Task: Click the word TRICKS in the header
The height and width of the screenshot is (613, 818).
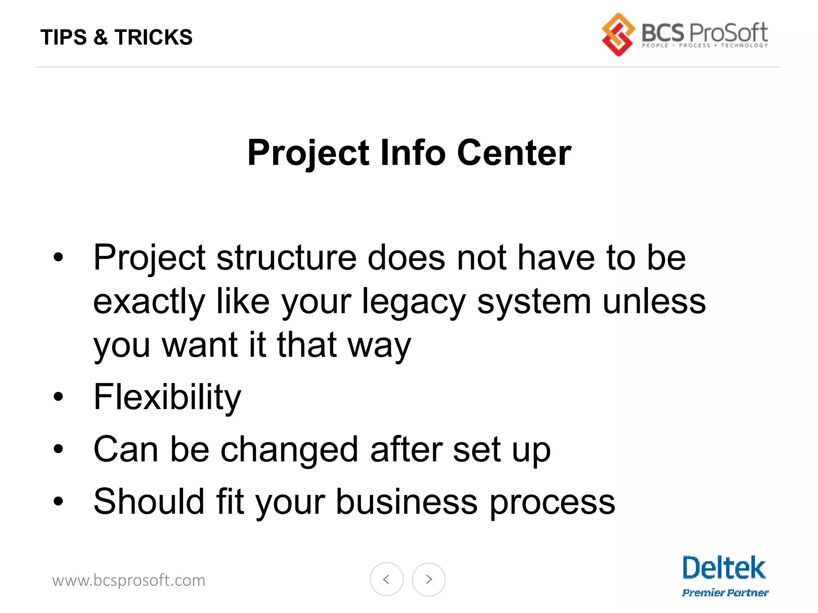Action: point(153,37)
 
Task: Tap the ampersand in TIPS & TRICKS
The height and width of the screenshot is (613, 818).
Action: point(101,37)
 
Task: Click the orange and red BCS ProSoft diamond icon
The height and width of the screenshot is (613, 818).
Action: point(618,35)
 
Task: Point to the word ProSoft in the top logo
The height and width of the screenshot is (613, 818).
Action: point(728,33)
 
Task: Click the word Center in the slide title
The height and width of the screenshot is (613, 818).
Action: point(514,153)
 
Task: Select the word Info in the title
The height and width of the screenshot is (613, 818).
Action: point(413,153)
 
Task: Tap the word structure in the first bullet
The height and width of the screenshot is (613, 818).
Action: point(286,258)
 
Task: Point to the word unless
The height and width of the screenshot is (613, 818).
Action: point(654,301)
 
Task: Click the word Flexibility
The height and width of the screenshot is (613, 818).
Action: point(167,397)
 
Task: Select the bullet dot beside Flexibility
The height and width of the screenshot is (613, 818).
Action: point(58,397)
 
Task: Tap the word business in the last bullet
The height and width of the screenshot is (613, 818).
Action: point(407,502)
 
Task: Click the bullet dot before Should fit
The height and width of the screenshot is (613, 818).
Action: point(58,502)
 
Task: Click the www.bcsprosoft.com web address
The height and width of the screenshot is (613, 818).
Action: point(129,580)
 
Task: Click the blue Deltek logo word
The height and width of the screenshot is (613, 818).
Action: point(724,568)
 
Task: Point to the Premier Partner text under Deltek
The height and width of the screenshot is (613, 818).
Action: point(725,593)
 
